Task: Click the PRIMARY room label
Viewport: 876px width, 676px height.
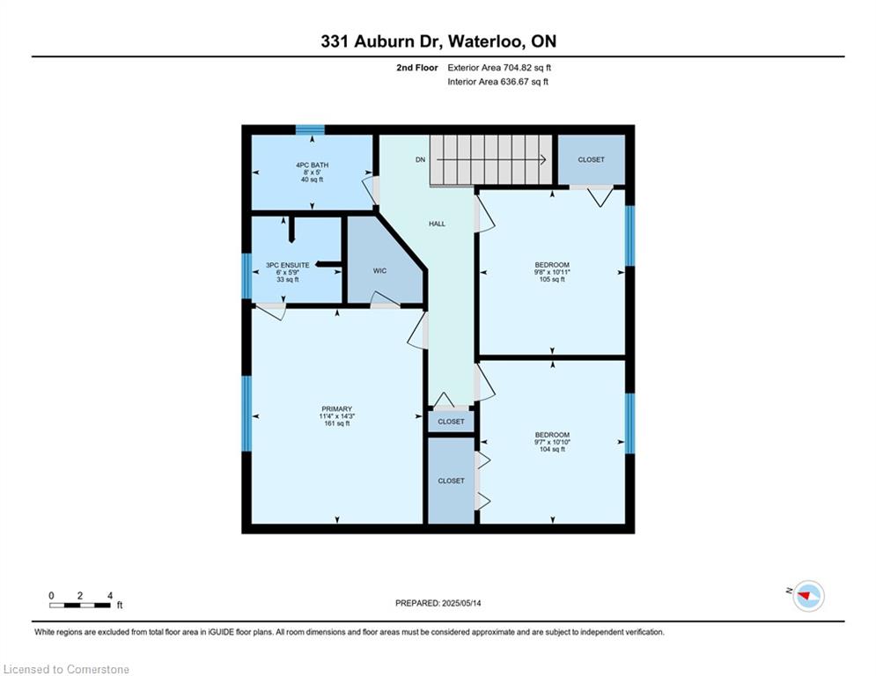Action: point(336,408)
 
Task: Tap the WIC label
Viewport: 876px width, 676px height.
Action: point(380,271)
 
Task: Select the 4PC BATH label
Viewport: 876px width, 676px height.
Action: point(312,165)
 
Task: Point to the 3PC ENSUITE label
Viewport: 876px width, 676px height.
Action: point(287,265)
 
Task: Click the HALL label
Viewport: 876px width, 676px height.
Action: point(437,224)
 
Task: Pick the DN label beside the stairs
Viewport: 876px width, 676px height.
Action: point(420,160)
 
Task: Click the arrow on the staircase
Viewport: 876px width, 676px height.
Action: point(491,160)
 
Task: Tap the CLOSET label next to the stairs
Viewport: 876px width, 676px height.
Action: point(591,160)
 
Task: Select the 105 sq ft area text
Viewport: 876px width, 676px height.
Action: point(552,279)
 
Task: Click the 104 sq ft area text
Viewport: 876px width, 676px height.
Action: point(552,449)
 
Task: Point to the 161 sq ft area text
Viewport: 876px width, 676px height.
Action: point(337,423)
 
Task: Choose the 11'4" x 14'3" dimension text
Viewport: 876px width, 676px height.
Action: point(337,416)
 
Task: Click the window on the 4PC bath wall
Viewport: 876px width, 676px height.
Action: point(310,129)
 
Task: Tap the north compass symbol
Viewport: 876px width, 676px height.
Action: point(808,596)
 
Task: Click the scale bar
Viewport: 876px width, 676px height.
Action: point(80,605)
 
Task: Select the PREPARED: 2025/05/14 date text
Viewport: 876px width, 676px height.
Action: point(438,603)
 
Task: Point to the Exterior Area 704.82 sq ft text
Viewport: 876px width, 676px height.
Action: point(499,68)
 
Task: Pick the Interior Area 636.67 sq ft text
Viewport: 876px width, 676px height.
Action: point(497,82)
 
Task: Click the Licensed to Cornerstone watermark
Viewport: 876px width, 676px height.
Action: point(66,669)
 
